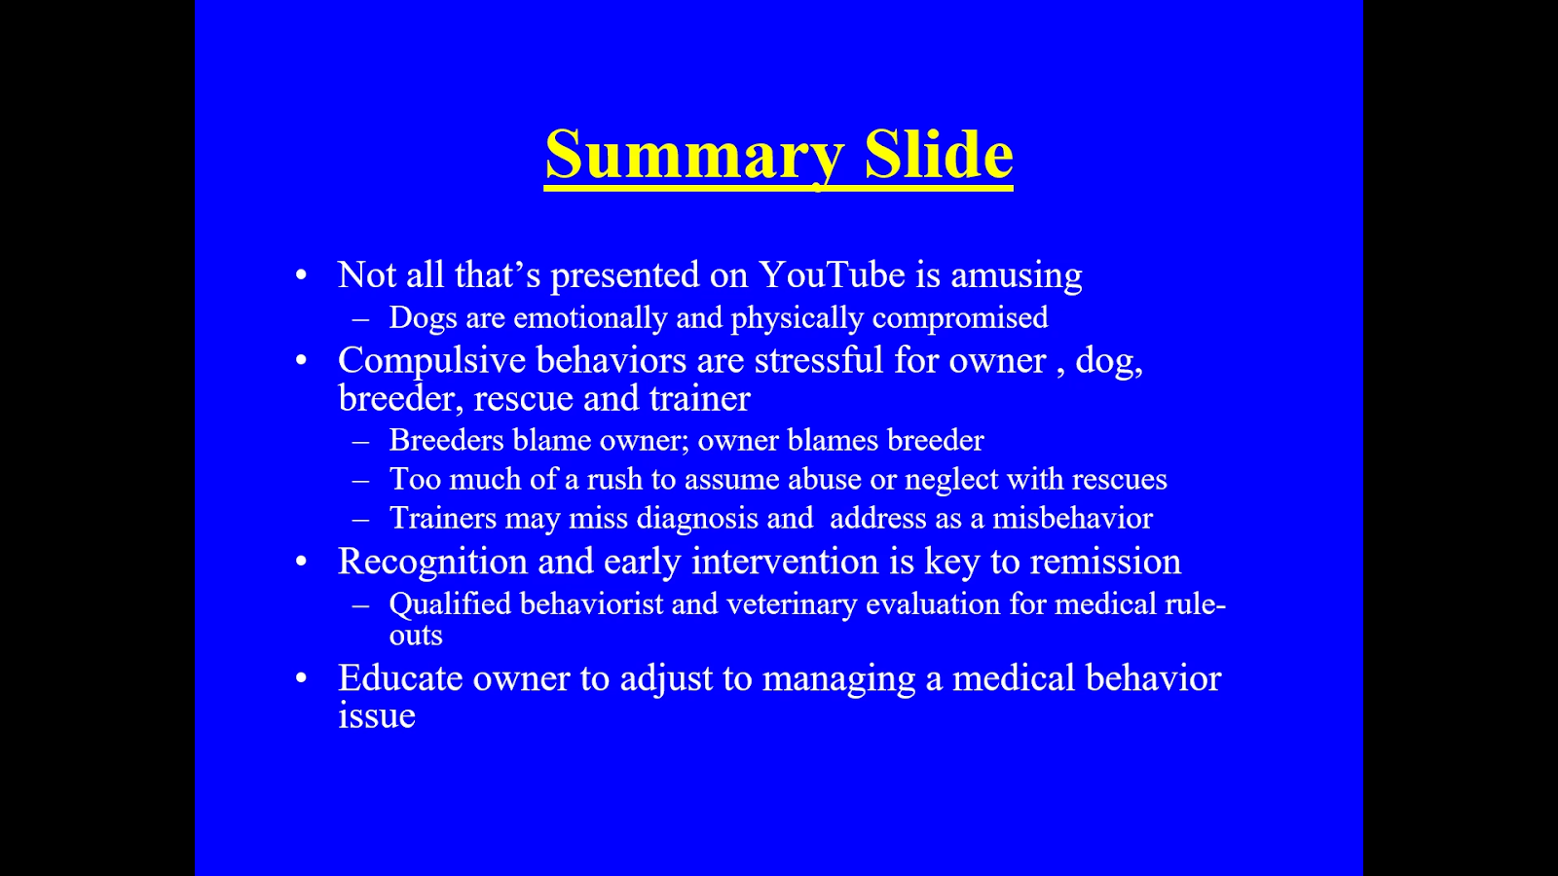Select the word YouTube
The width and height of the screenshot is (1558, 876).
pos(832,274)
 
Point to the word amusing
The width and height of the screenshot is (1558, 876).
pos(1017,276)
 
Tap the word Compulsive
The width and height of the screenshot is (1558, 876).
pos(432,361)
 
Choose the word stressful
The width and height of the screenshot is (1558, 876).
pos(819,360)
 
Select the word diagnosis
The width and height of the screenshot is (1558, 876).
pos(697,519)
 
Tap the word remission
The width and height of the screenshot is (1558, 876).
pos(1105,562)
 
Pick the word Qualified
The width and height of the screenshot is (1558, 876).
pos(450,604)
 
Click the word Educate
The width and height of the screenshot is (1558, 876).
pos(400,677)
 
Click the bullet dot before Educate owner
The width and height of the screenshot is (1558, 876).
pos(301,677)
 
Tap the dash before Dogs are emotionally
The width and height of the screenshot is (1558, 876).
pos(360,320)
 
